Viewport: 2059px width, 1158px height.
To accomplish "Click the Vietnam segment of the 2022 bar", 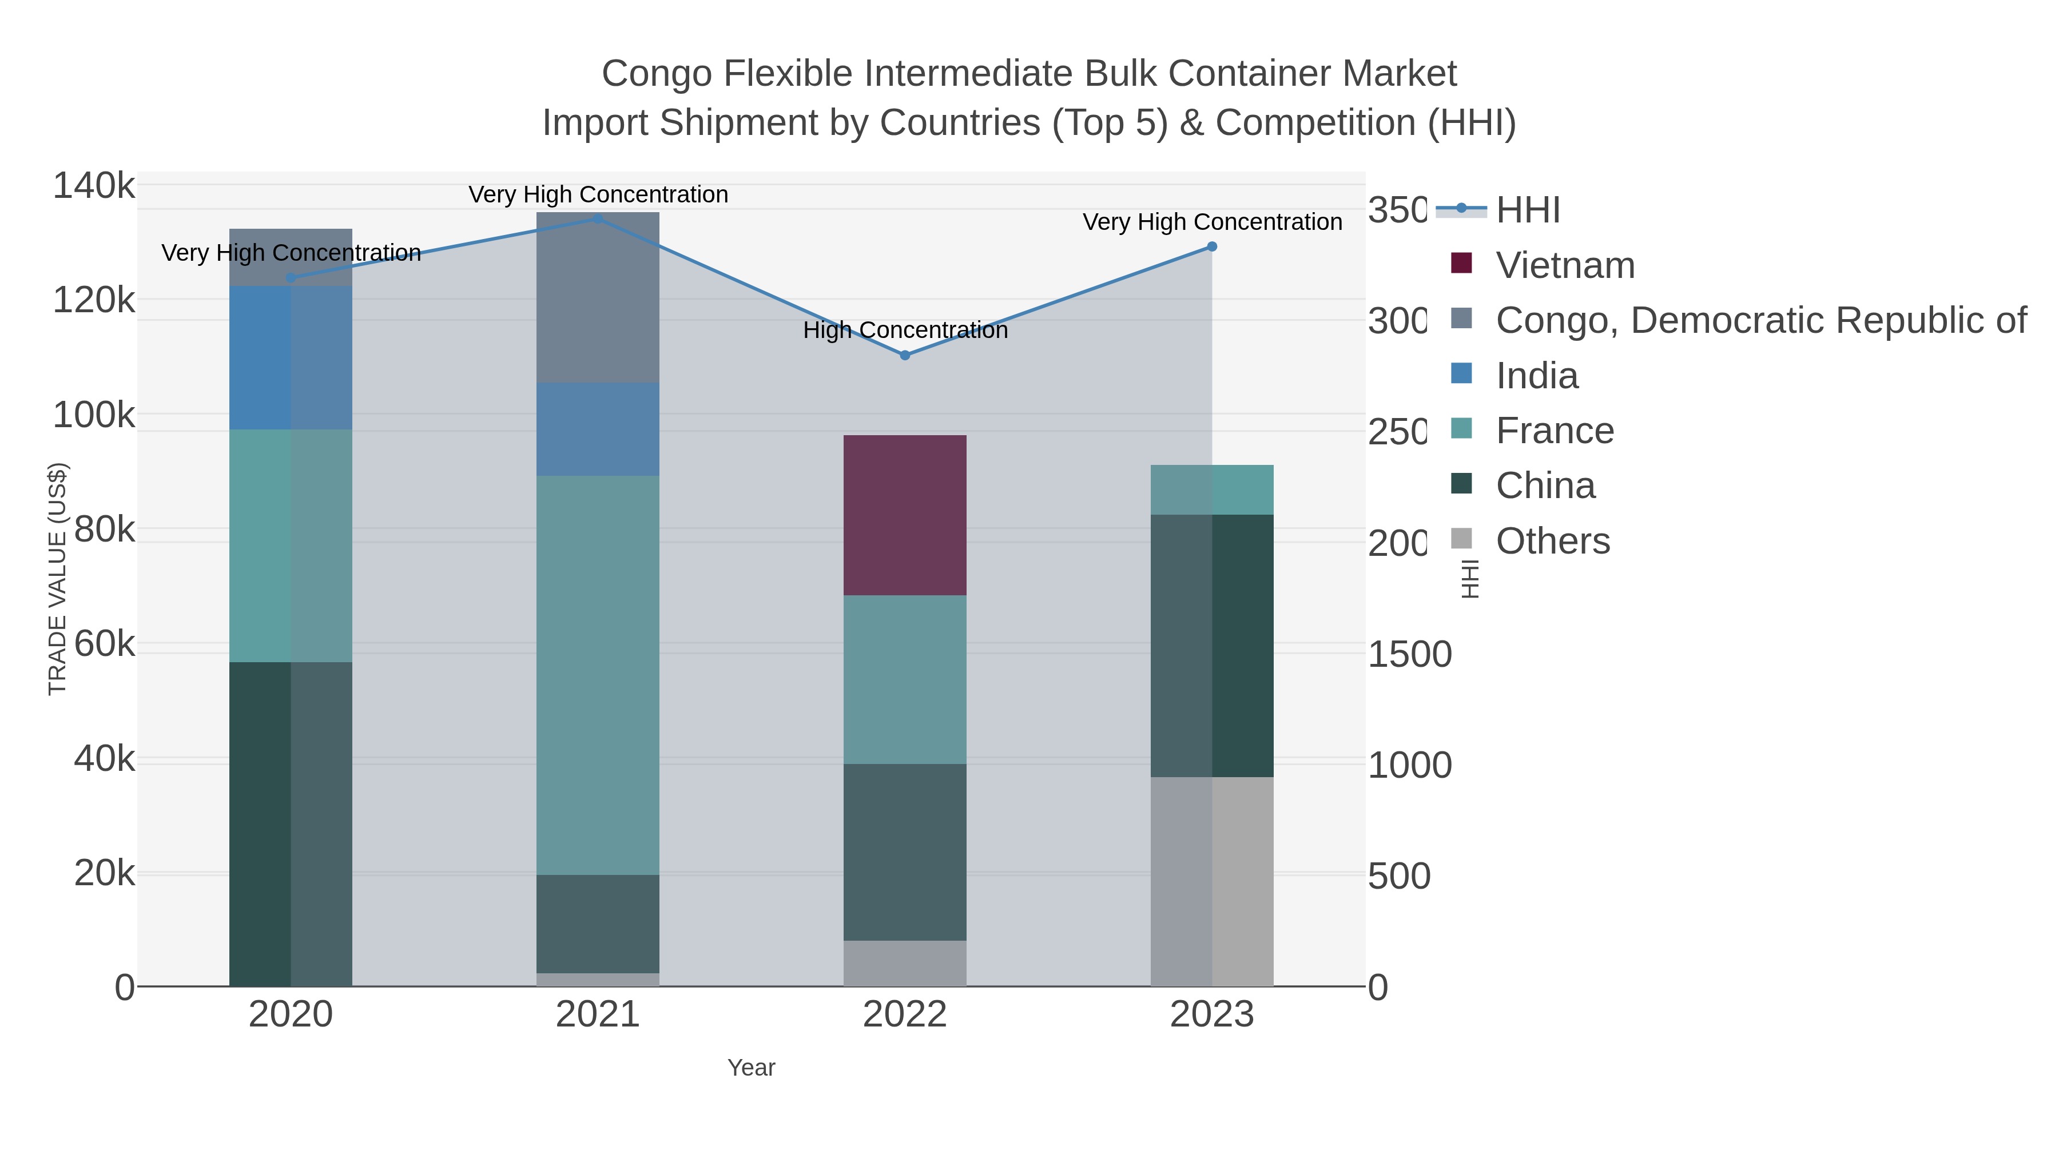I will [905, 515].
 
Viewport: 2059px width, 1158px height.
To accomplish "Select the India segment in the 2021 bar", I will [598, 429].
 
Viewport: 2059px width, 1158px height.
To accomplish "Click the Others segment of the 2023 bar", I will [1212, 881].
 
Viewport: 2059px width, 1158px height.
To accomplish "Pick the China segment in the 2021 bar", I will [598, 923].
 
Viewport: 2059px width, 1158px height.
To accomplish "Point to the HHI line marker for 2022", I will [905, 355].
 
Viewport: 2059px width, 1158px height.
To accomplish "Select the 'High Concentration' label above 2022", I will [905, 330].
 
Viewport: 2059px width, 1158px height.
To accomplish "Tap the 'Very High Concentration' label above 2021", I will [598, 194].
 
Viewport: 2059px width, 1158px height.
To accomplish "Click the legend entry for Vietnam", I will [1564, 265].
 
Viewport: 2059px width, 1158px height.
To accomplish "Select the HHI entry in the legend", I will [1527, 210].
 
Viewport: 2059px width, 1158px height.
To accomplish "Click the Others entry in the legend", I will [1552, 541].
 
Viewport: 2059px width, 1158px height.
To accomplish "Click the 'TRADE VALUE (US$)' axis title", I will [58, 579].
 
